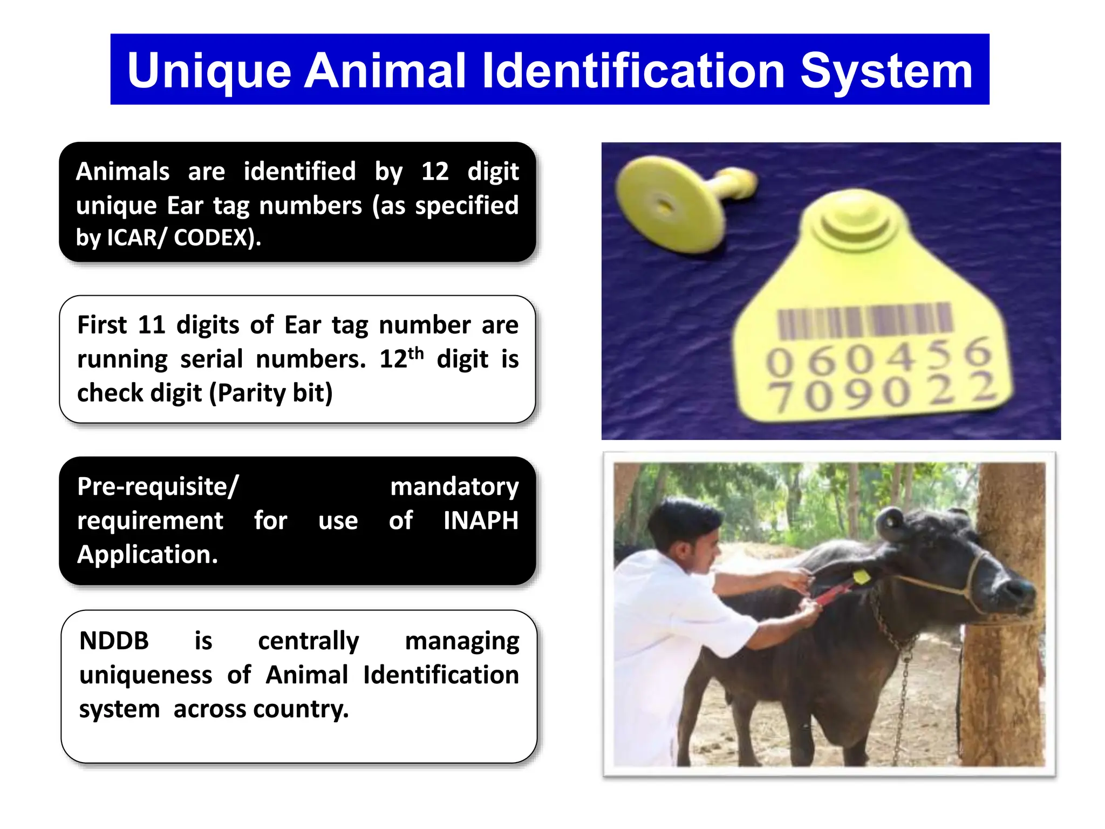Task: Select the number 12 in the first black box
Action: (x=434, y=172)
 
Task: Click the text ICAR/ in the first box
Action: (x=137, y=237)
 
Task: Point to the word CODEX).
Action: (x=217, y=237)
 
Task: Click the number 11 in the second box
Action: (x=151, y=325)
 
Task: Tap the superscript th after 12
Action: (x=416, y=354)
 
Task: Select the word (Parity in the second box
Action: (x=249, y=393)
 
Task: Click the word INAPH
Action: (x=480, y=521)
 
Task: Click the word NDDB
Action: (x=114, y=641)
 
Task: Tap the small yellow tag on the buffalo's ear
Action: (x=861, y=577)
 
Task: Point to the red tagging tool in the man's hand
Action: (x=831, y=594)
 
